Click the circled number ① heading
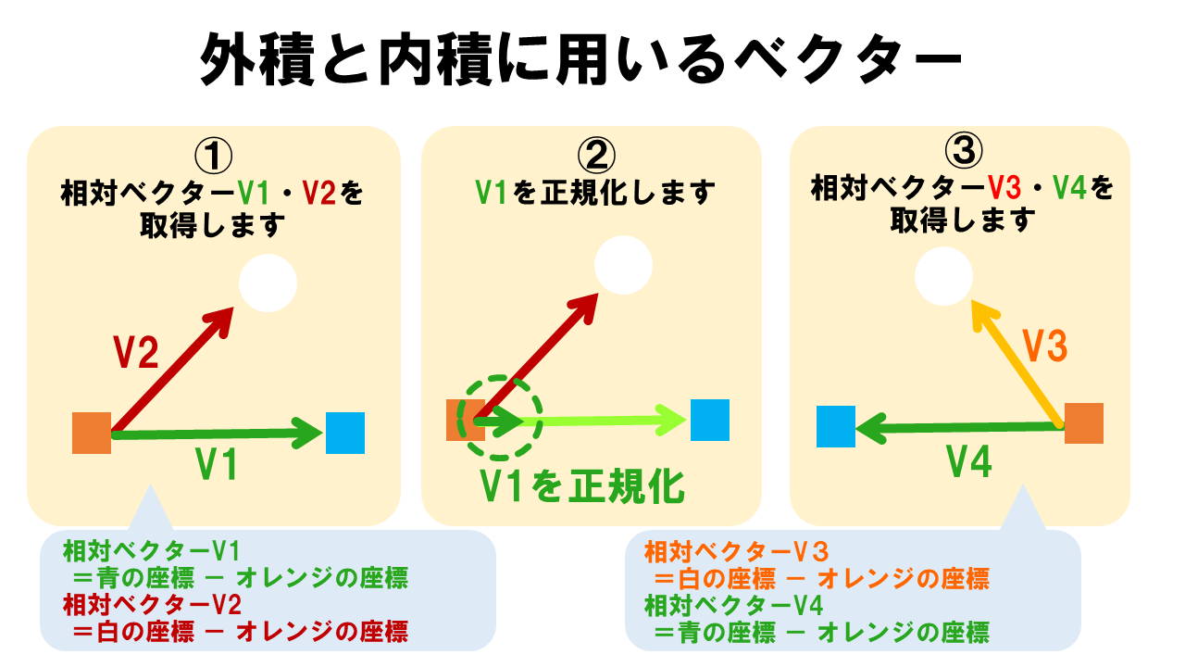215,156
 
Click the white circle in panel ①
268,283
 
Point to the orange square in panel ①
92,434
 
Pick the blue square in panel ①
345,433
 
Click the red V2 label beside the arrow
136,353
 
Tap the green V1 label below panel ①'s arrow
218,464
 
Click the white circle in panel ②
624,265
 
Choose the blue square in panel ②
710,420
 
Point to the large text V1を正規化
582,485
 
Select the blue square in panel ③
836,427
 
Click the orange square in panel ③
1084,423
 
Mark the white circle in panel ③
943,276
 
